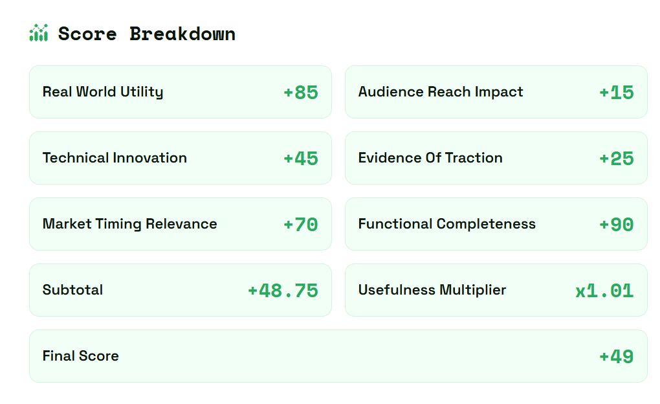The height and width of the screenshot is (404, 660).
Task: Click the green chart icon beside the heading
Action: tap(39, 33)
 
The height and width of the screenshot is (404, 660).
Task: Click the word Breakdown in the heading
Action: tap(182, 34)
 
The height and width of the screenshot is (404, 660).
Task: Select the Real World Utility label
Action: tap(103, 92)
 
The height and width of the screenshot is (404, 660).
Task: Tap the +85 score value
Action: tap(300, 92)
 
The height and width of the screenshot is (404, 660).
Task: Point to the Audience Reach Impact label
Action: tap(441, 91)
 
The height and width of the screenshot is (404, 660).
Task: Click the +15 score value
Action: tap(616, 92)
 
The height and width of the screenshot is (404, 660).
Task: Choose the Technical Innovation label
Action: tap(115, 157)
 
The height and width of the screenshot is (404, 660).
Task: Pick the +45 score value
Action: tap(300, 159)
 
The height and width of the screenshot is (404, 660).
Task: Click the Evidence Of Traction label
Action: tap(430, 157)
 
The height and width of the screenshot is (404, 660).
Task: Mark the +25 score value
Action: tap(616, 159)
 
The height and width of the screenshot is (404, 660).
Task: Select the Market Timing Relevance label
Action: tap(129, 224)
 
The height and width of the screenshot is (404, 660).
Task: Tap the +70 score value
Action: tap(300, 225)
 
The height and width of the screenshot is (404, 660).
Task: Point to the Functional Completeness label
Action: tap(447, 224)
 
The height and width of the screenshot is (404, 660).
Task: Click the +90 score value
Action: tap(616, 225)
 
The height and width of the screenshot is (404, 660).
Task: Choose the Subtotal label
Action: tap(73, 290)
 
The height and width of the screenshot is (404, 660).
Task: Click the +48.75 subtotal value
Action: tap(283, 291)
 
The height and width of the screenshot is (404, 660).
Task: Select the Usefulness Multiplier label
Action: tap(432, 290)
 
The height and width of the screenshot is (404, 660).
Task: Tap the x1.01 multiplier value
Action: tap(604, 291)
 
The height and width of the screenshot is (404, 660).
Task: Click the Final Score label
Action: tap(80, 356)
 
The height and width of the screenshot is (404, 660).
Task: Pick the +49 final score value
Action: tap(616, 357)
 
